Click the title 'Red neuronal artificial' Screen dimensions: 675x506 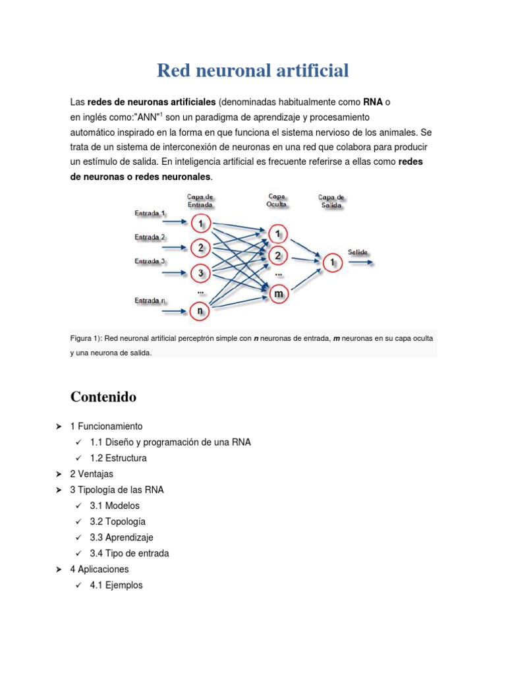[253, 71]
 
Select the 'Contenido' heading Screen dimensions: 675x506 [103, 397]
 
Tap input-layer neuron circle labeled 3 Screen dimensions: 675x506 [200, 273]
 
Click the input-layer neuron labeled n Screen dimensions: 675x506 [200, 310]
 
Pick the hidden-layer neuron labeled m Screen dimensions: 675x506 [279, 293]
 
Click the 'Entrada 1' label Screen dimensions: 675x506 [150, 213]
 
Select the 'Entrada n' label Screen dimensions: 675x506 [150, 301]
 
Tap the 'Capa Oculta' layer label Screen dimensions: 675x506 [277, 200]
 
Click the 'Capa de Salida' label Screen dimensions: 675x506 [331, 201]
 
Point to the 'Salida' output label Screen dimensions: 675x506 [358, 252]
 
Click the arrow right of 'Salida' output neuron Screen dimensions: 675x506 [362, 262]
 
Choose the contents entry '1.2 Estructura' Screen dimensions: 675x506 [119, 458]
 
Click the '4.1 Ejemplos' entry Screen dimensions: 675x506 [117, 585]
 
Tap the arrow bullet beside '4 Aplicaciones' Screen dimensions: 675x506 [59, 569]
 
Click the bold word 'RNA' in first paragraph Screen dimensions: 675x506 [373, 103]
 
